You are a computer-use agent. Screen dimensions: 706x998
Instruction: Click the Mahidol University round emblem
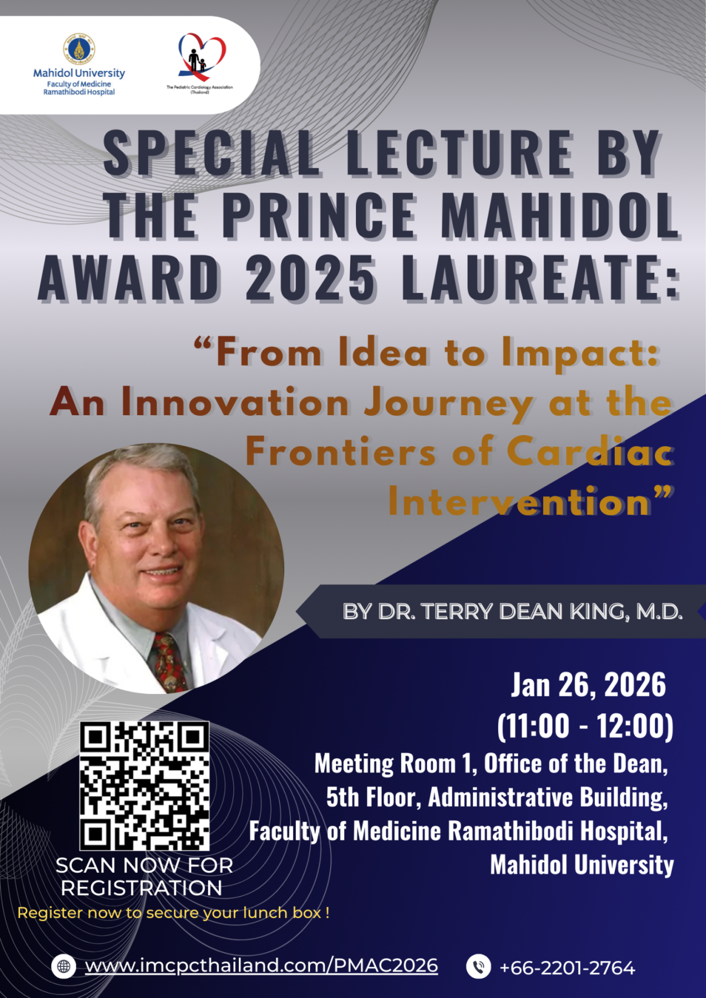pos(79,49)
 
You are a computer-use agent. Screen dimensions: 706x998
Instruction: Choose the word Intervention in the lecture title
pos(519,502)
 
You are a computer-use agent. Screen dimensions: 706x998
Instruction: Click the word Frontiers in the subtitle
pos(341,453)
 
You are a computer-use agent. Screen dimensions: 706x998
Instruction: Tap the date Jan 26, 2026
pos(588,685)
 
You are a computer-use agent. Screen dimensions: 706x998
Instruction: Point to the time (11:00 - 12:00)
pos(585,726)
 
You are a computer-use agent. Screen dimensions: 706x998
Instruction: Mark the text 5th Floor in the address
pos(374,797)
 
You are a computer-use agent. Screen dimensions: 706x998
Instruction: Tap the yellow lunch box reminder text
pos(174,913)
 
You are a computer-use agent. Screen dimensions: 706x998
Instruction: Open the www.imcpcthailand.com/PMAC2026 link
pos(262,966)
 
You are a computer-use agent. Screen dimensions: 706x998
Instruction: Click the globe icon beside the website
pos(64,966)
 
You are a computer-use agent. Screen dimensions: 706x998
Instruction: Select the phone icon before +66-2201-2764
pos(478,966)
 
